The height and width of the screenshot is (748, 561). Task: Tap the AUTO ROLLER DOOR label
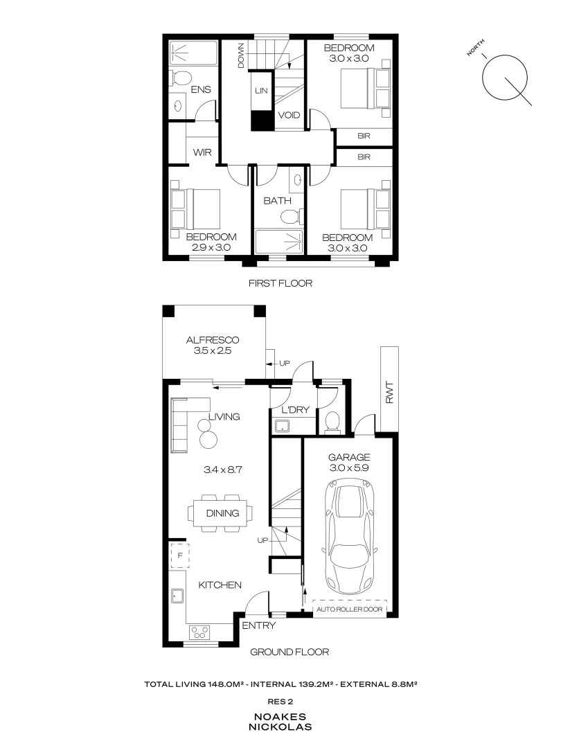[x=349, y=609]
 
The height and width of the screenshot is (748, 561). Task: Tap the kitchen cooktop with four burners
[x=202, y=632]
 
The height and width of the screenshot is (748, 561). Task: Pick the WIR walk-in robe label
[x=202, y=152]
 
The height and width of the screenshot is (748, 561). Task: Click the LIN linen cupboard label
[x=261, y=91]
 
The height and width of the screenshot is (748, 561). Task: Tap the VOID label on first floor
[x=289, y=115]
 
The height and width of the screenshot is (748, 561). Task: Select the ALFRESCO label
[x=213, y=339]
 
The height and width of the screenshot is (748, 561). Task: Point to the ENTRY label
[x=258, y=625]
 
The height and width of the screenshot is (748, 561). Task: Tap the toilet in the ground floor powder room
[x=331, y=421]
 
